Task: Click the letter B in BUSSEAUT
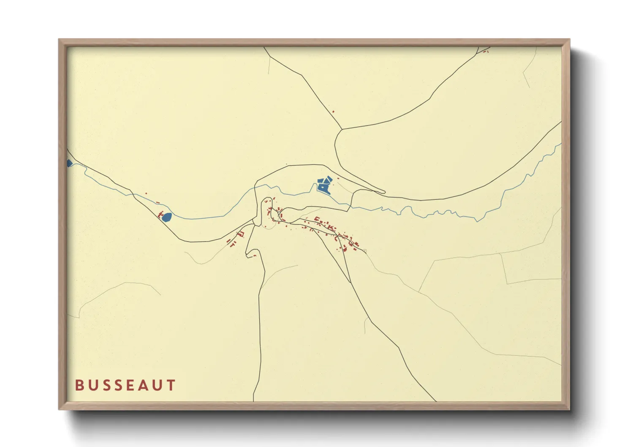(79, 385)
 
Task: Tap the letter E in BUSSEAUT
(124, 385)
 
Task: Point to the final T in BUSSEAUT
(171, 385)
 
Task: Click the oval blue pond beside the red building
(167, 217)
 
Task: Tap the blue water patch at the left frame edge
(69, 163)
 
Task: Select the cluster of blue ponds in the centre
(325, 185)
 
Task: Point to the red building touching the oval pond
(160, 216)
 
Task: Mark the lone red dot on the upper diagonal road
(333, 112)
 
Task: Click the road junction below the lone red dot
(342, 129)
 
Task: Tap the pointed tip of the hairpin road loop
(384, 192)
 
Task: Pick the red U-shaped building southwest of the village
(242, 234)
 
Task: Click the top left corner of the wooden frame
(59, 40)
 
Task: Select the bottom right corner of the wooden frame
(569, 409)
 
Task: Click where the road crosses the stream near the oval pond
(133, 194)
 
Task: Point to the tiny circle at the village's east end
(365, 251)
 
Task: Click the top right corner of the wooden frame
(569, 40)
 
